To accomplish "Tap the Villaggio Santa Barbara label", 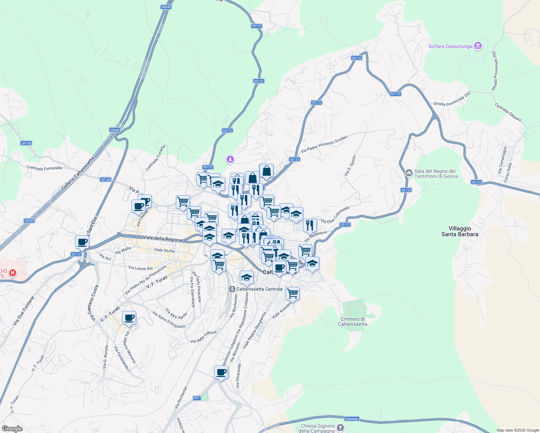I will (x=460, y=231).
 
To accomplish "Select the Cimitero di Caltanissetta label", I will (x=352, y=322).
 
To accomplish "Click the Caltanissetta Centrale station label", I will (x=259, y=289).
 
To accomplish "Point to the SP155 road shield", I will (x=26, y=143).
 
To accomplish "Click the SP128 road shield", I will (x=106, y=180).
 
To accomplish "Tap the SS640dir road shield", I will (x=352, y=419).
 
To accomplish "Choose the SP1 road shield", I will (x=197, y=398).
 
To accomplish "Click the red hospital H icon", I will (x=13, y=273).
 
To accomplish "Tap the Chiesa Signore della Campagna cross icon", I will (x=340, y=428).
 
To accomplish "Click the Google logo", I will (x=12, y=429).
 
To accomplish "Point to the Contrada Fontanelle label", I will (x=44, y=168).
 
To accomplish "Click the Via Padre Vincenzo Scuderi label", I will (x=324, y=144).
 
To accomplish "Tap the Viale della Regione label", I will (x=162, y=239).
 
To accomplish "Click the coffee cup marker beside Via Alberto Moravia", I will (x=129, y=318).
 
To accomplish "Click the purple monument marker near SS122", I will (x=230, y=159).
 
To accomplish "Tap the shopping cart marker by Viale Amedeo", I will (x=292, y=294).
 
